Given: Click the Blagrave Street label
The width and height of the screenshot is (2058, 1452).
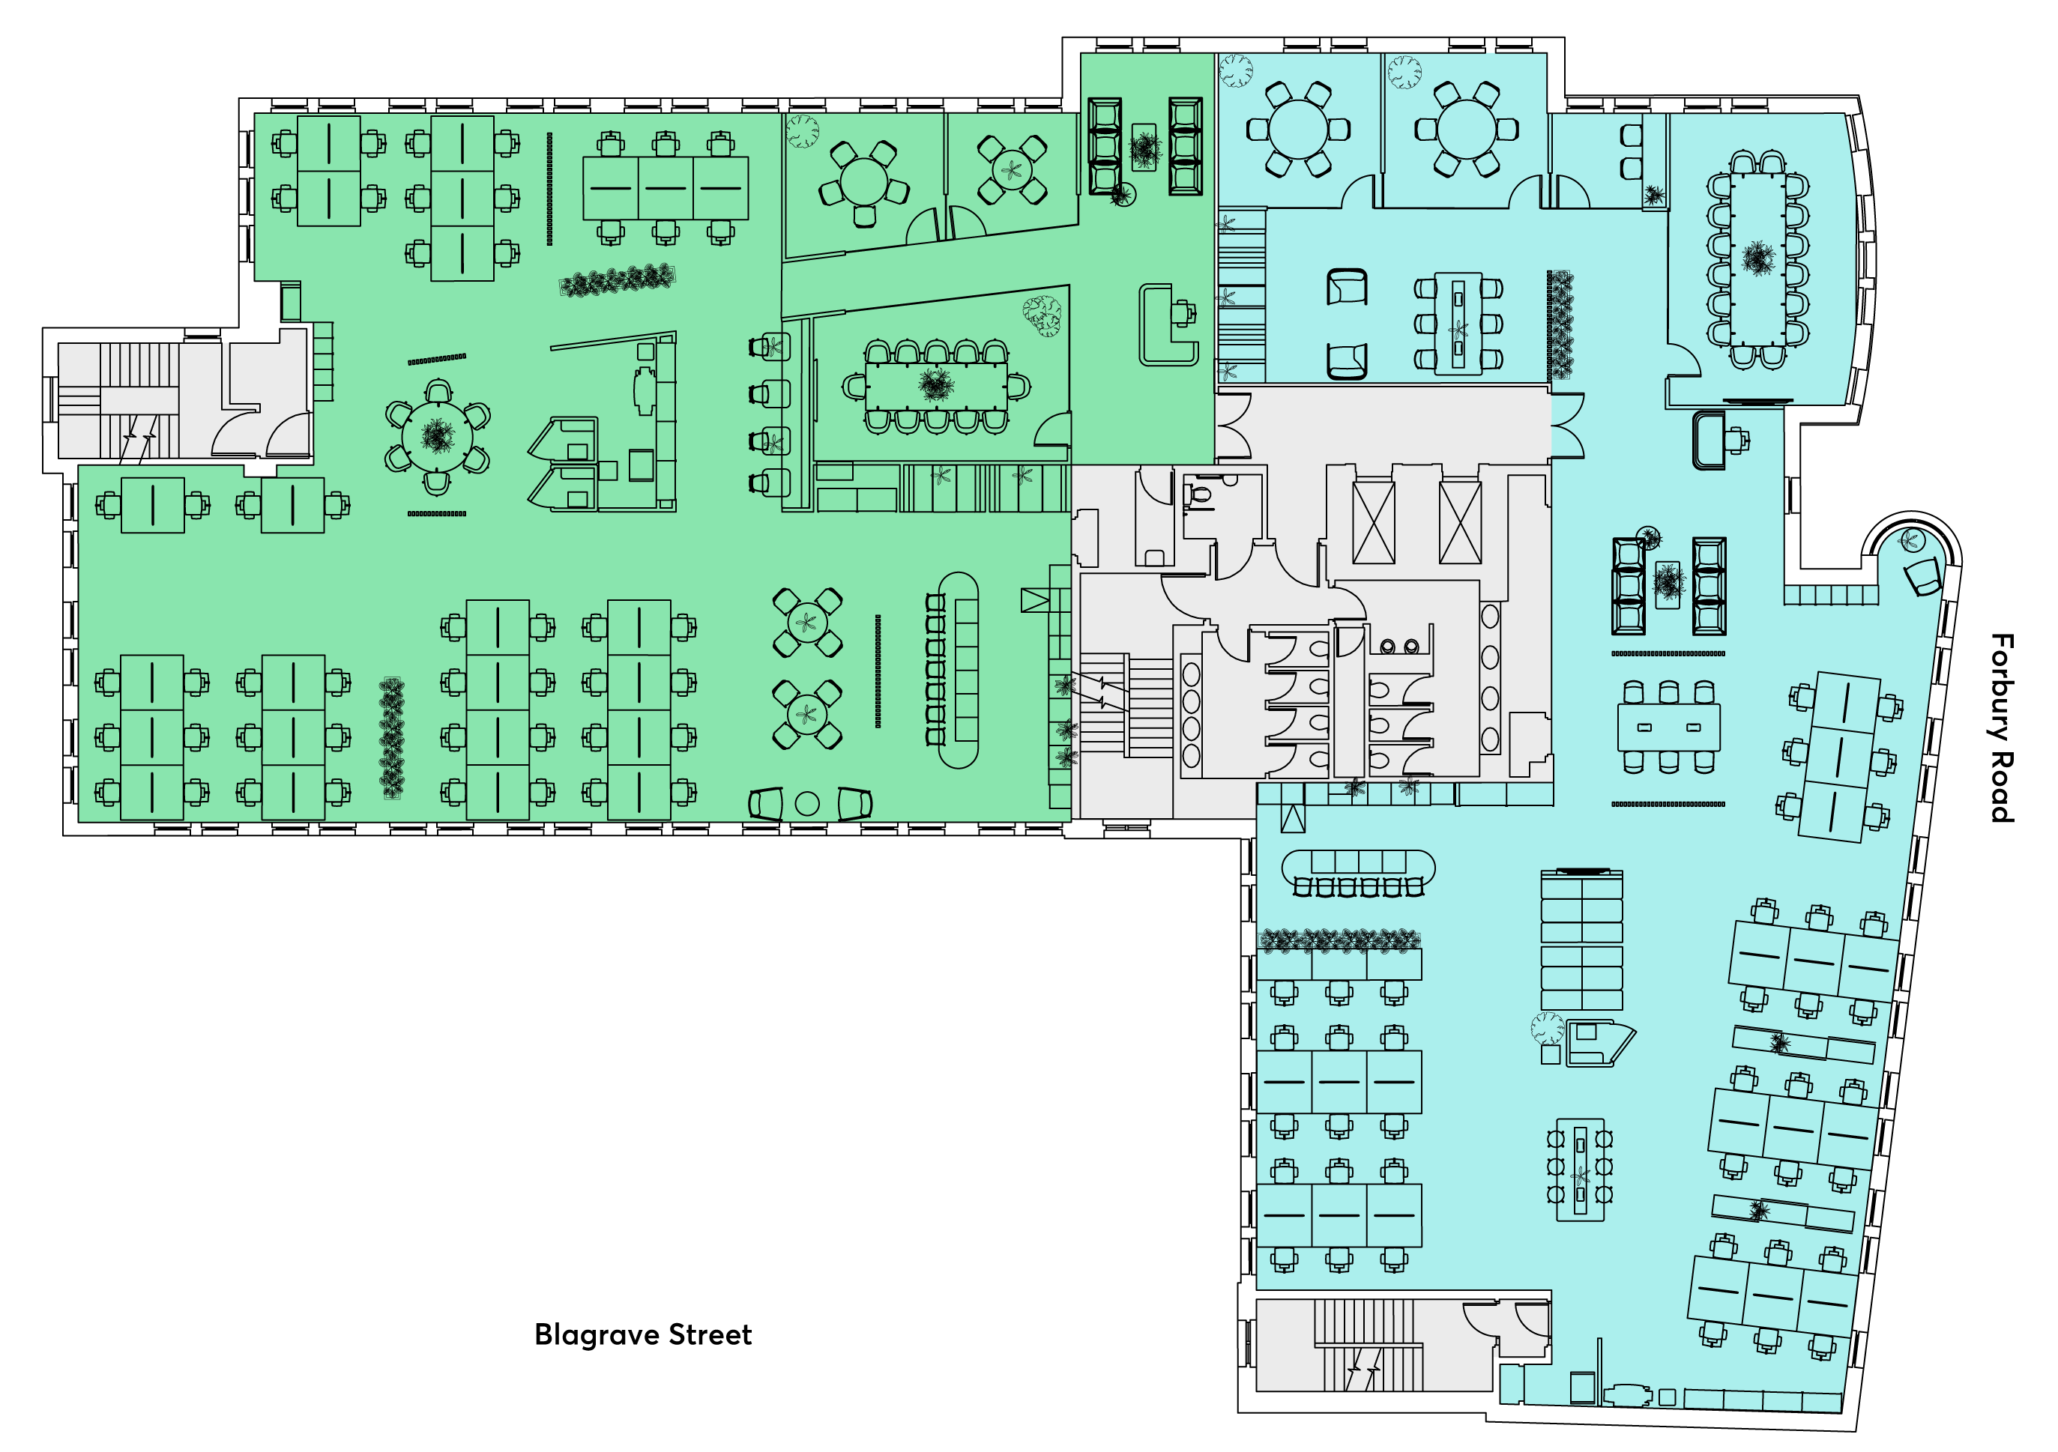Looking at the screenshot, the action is [x=643, y=1334].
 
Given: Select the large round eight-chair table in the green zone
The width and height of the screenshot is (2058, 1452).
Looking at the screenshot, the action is [x=438, y=437].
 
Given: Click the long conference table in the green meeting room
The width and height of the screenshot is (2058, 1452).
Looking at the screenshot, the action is [x=936, y=387].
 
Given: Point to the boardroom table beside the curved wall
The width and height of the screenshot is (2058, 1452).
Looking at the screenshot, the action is [x=1757, y=258].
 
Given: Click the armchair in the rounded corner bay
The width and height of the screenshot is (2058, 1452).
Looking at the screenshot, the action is [x=1922, y=575].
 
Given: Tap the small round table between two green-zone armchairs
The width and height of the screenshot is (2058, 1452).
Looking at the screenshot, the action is [x=806, y=804].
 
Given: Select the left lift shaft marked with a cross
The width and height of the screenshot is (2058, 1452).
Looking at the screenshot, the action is [x=1373, y=522].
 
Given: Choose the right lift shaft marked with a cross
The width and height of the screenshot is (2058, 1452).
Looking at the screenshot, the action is [x=1460, y=522].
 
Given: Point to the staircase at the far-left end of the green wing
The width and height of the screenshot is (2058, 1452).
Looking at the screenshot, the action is [x=139, y=401].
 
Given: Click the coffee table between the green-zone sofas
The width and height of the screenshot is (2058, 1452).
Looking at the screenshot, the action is [x=1144, y=147].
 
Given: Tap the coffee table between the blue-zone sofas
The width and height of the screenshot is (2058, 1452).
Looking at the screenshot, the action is [x=1668, y=584].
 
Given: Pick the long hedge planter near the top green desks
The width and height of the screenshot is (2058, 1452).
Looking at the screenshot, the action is [x=618, y=280].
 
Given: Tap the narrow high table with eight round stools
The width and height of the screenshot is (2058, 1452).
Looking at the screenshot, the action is [x=1581, y=1169].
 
